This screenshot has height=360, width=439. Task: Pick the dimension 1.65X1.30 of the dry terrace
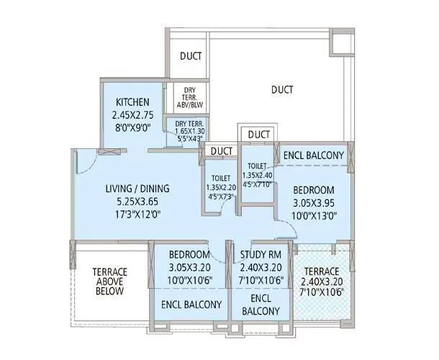[x=190, y=132]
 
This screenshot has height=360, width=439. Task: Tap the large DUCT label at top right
[x=282, y=90]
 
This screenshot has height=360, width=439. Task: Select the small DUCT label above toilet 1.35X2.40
[x=258, y=135]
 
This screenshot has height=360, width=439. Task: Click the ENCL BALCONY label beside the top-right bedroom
[x=314, y=155]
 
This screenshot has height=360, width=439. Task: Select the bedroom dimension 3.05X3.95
[x=314, y=202]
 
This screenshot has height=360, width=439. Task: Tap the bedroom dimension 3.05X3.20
[x=190, y=268]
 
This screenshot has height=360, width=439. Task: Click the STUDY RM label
[x=265, y=255]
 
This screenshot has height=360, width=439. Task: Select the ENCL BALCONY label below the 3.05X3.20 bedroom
[x=191, y=305]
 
